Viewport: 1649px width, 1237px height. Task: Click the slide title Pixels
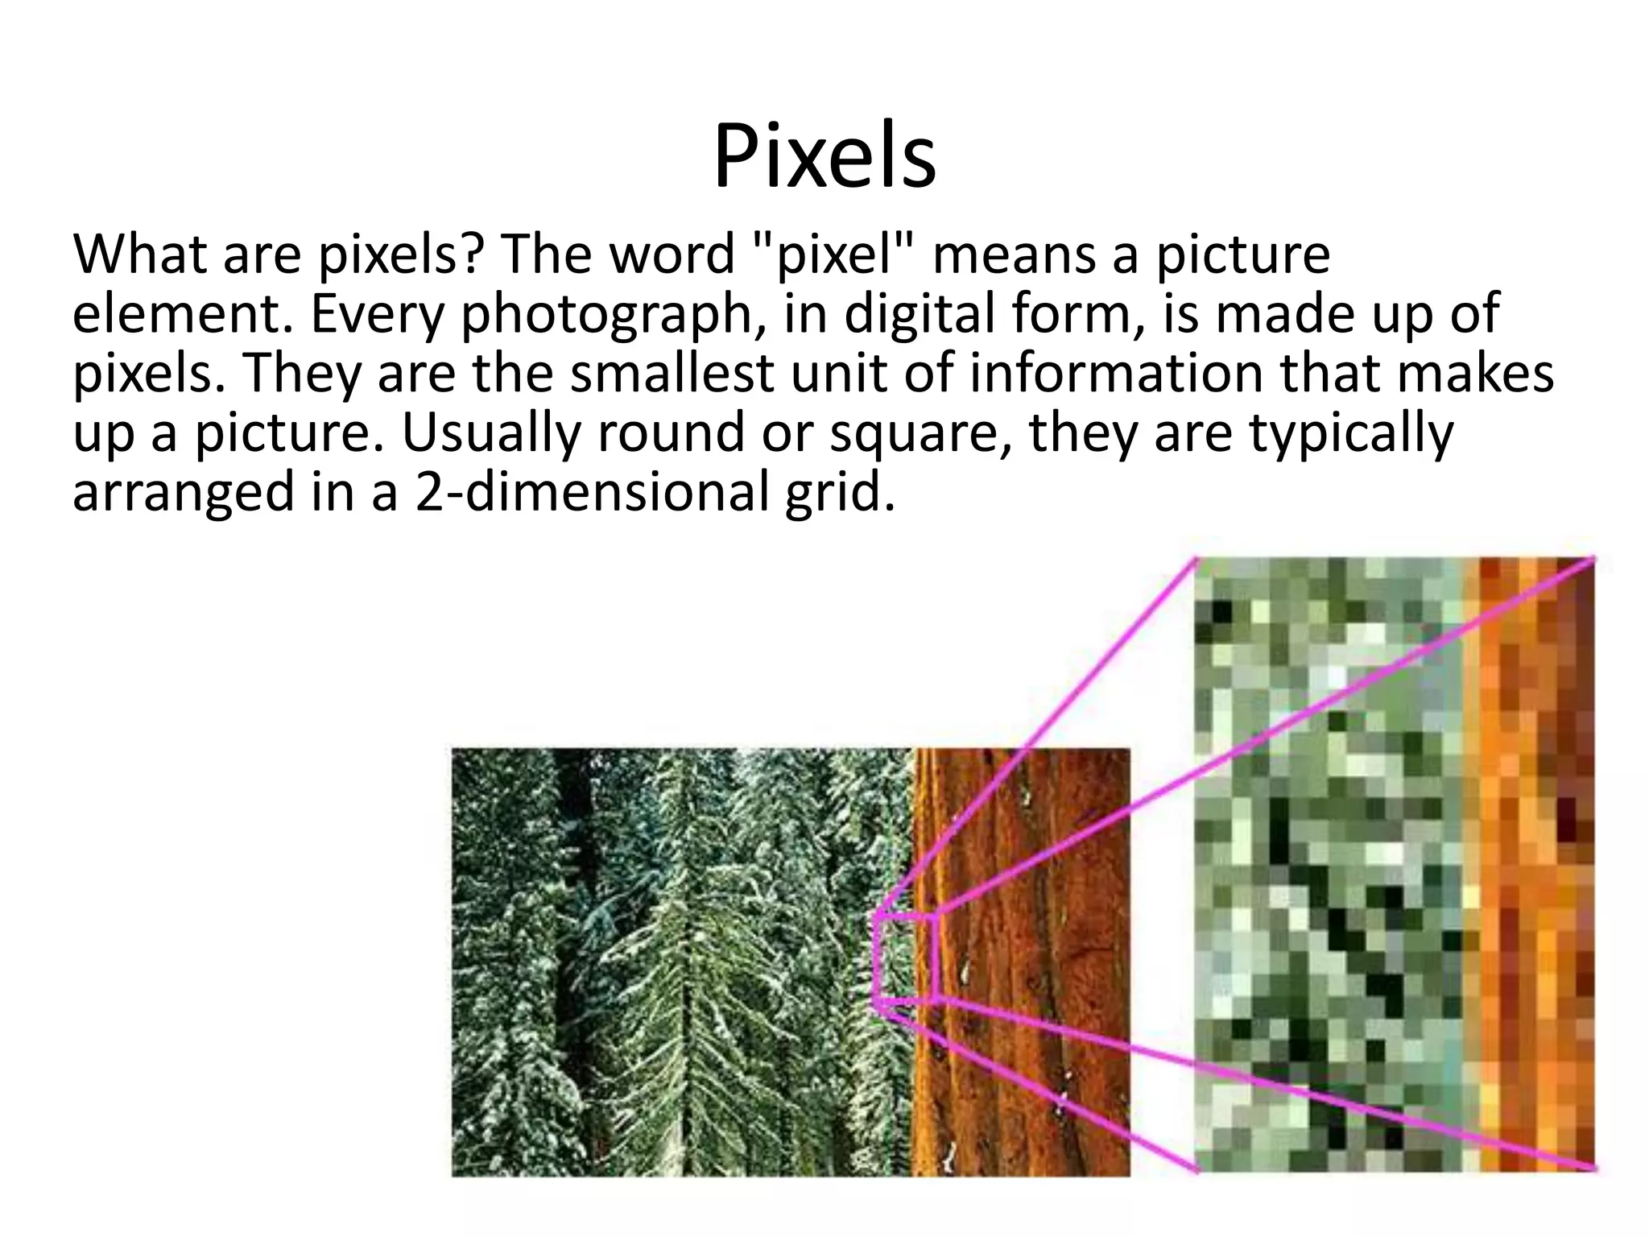[x=824, y=158]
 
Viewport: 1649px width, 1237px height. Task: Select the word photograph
[x=605, y=316]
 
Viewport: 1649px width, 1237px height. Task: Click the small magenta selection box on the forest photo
[x=905, y=958]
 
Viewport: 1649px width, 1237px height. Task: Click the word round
[x=670, y=433]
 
